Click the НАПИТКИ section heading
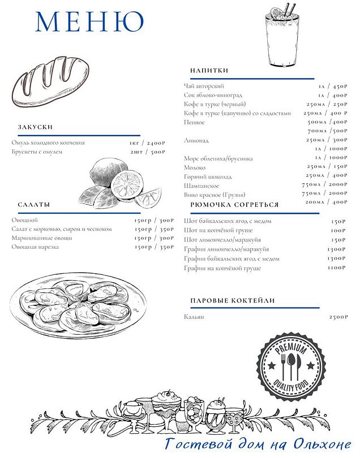tap(209, 70)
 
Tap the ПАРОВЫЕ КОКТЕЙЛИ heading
tap(232, 300)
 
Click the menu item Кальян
tap(194, 317)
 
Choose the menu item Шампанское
tap(201, 185)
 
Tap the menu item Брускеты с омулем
tap(37, 152)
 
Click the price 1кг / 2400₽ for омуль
tap(147, 143)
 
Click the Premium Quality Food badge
tap(291, 365)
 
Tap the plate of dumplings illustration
tap(82, 306)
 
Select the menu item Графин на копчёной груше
tap(222, 267)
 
